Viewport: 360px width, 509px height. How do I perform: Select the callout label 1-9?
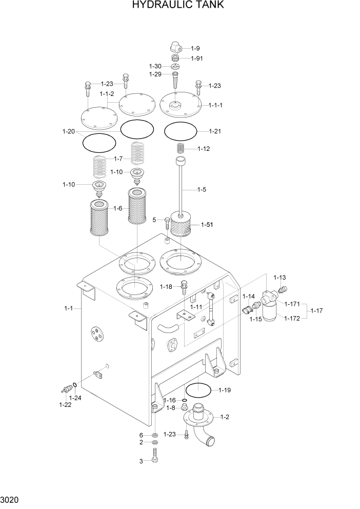click(x=195, y=48)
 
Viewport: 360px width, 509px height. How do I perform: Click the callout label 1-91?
click(x=197, y=58)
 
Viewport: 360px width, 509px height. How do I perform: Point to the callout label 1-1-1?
click(x=215, y=105)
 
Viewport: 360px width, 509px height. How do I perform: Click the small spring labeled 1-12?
click(x=181, y=148)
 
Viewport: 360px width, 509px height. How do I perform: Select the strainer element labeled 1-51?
click(x=180, y=226)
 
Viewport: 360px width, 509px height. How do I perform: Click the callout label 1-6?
click(x=118, y=208)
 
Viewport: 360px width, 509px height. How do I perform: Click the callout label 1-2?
click(x=225, y=417)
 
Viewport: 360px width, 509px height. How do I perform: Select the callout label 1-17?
click(x=318, y=310)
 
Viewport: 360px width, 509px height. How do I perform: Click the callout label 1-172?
click(x=292, y=319)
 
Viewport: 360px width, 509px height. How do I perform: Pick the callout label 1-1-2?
click(x=107, y=94)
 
